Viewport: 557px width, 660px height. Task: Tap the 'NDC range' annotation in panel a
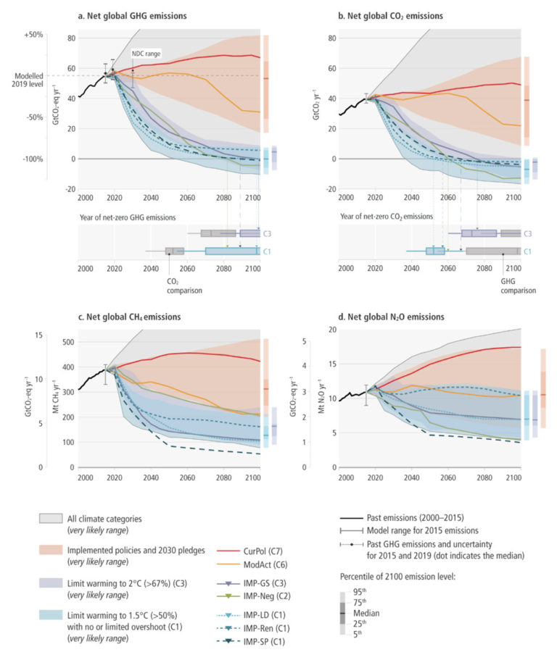coord(147,54)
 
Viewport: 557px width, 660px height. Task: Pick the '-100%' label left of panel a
coord(33,158)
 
